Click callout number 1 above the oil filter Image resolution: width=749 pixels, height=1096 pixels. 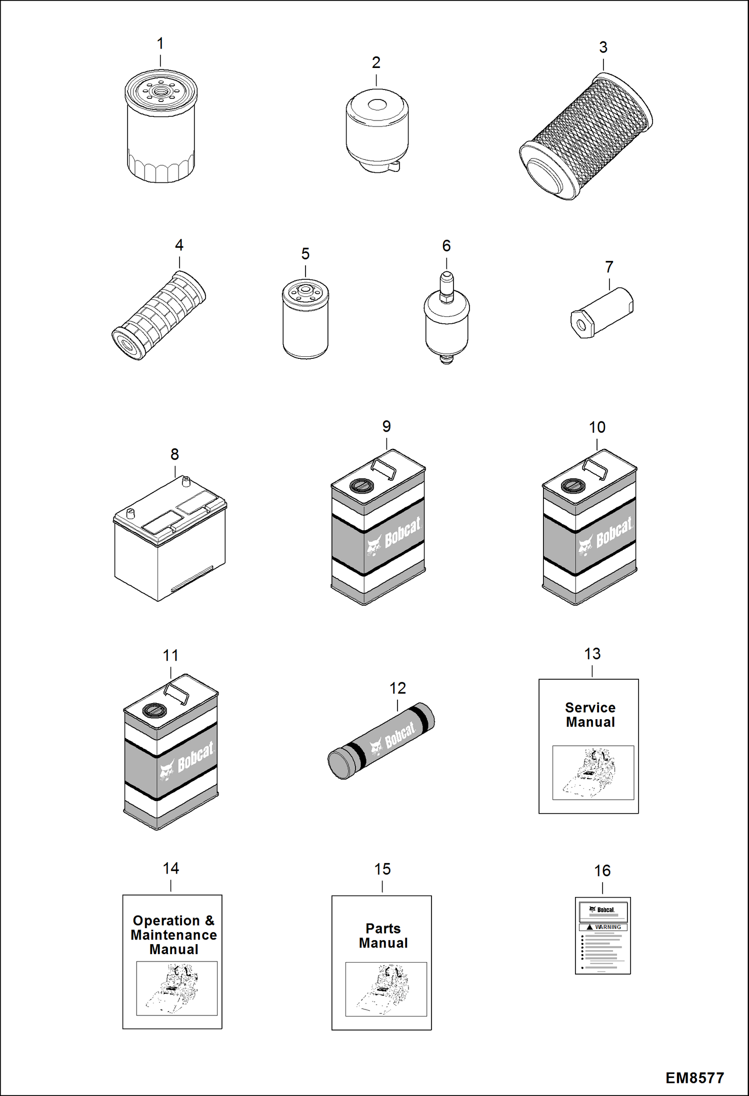160,44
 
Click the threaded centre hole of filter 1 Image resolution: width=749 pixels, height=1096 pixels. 160,91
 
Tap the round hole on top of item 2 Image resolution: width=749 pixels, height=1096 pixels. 376,104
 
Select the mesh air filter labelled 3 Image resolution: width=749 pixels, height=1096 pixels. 586,136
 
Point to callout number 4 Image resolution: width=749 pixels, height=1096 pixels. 179,245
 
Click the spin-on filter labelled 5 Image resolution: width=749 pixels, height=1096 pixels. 305,320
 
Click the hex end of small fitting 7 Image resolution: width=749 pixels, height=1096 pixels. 580,326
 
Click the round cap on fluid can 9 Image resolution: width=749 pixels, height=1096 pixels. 360,485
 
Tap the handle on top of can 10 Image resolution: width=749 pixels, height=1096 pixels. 595,468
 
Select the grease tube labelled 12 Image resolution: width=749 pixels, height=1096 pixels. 381,741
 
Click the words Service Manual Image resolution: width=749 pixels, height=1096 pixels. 590,715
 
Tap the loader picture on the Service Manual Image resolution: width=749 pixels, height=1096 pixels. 593,772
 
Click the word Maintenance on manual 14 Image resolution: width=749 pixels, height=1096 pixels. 173,935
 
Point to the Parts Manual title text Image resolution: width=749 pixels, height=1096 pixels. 383,936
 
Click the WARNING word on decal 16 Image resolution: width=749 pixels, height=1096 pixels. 607,927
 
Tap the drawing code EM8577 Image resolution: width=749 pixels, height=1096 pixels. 694,1078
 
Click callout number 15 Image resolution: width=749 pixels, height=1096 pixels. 382,869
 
